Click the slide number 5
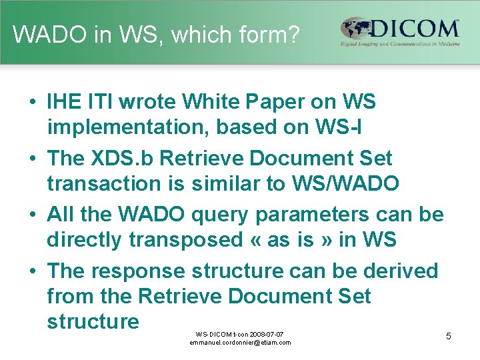(x=448, y=336)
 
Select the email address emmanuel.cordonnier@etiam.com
(x=240, y=343)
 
